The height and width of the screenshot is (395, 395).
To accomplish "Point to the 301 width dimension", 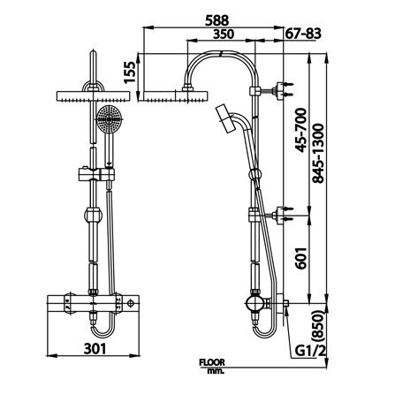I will pos(98,349).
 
